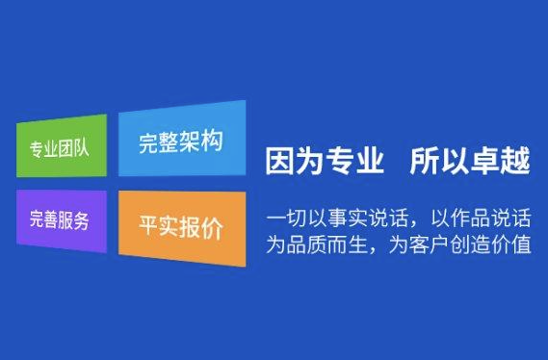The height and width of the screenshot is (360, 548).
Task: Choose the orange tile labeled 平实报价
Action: pos(180,228)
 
